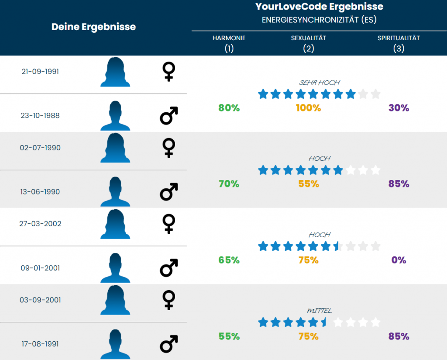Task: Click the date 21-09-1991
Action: (40, 72)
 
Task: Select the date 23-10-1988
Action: (40, 116)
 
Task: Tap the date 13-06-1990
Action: (40, 192)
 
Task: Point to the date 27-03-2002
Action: (40, 224)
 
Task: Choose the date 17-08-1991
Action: (40, 344)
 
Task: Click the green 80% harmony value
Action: (229, 108)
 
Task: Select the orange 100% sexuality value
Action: (309, 108)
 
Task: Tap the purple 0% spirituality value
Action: (399, 260)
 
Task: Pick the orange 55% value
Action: (309, 184)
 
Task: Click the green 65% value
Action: (229, 260)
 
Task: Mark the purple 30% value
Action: (399, 108)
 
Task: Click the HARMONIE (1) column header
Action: (229, 43)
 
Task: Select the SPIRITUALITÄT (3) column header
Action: (399, 43)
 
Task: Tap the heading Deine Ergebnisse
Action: (93, 27)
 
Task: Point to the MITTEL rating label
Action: (319, 311)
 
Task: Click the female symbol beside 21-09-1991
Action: (168, 72)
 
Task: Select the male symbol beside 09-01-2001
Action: (168, 268)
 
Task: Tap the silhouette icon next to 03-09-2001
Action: (115, 300)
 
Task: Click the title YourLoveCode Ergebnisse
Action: (319, 7)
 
